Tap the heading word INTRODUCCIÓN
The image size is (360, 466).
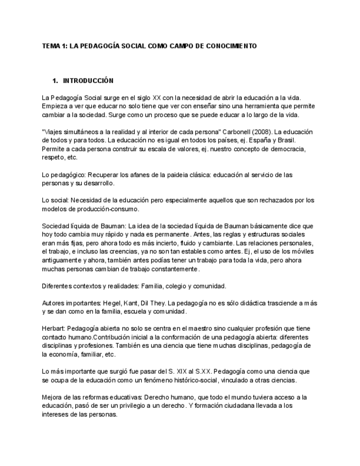[88, 81]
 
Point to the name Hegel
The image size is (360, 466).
[106, 303]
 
